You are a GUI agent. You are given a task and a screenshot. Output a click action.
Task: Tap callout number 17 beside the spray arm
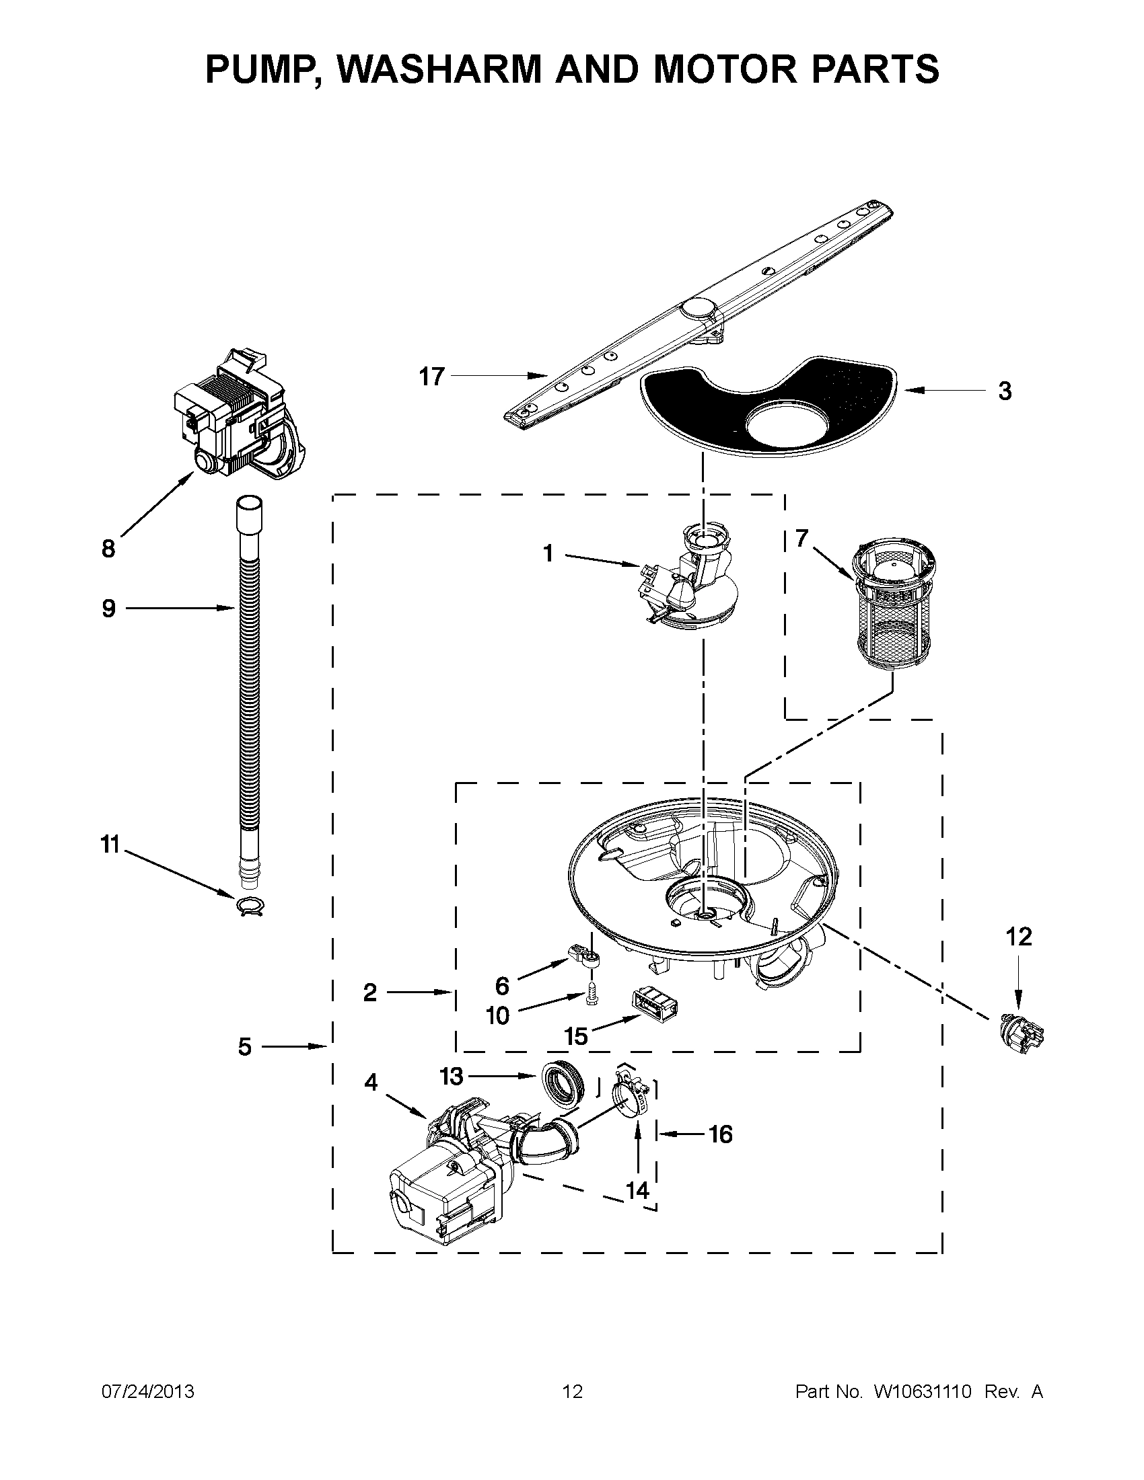click(431, 376)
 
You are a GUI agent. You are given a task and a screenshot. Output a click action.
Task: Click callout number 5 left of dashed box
click(245, 1047)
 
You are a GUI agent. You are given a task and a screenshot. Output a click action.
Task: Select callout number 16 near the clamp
click(720, 1134)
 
